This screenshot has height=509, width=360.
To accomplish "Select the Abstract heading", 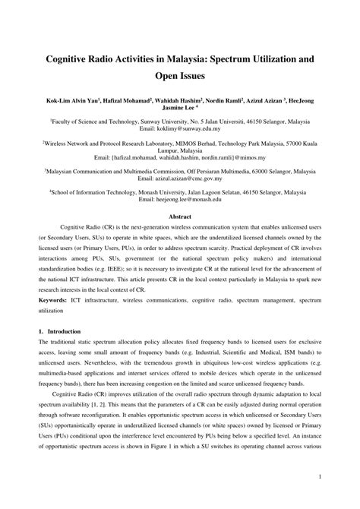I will pos(179,217).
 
